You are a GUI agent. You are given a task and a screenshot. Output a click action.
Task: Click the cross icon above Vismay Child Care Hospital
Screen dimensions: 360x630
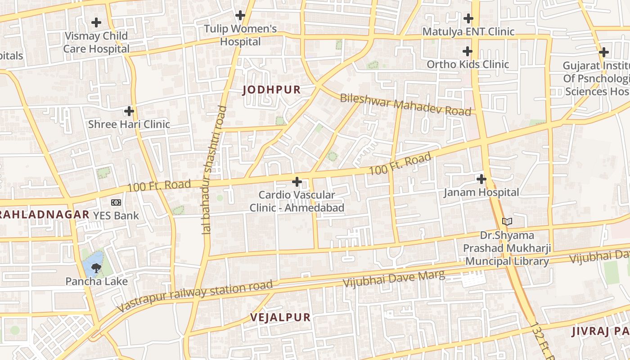click(96, 22)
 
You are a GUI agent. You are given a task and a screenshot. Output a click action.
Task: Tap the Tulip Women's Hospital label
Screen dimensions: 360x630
click(240, 35)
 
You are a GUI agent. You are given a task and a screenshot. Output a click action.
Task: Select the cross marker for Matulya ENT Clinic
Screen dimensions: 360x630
click(468, 19)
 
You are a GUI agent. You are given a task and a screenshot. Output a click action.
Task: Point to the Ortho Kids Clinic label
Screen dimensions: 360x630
click(468, 64)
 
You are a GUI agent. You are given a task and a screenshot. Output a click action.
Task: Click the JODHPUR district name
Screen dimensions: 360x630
click(271, 90)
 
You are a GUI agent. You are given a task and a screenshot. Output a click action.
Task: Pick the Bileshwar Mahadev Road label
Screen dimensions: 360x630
click(405, 104)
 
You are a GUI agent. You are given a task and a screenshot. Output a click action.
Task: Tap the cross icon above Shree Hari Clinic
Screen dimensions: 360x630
click(129, 111)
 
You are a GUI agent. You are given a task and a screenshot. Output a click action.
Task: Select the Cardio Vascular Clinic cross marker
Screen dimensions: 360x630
click(297, 182)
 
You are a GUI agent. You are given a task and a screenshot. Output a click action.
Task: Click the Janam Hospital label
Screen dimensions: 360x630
click(481, 193)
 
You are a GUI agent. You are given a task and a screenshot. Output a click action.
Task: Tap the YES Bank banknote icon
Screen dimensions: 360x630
click(116, 202)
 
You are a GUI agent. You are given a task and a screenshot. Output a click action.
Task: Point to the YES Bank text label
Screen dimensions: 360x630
click(116, 216)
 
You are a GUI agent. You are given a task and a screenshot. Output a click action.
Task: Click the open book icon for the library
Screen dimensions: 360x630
click(507, 221)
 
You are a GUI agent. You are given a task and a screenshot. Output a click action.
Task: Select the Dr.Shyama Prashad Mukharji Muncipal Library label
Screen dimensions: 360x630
click(507, 248)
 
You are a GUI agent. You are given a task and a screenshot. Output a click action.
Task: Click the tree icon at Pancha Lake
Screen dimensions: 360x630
click(95, 269)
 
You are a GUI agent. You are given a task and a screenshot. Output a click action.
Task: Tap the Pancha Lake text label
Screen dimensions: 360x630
click(96, 282)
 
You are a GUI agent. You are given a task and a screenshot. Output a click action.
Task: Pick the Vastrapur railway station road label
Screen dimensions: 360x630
click(195, 296)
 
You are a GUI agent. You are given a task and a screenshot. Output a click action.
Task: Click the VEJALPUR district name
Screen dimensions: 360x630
click(280, 317)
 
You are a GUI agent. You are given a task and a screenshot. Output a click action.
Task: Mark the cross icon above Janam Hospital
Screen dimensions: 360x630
click(481, 179)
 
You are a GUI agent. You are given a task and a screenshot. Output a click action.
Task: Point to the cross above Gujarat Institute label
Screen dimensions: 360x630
click(604, 52)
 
